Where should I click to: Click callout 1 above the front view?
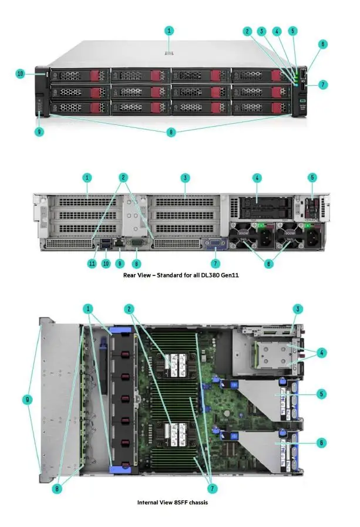170,30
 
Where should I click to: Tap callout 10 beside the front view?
21,74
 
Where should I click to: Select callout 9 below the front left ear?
39,131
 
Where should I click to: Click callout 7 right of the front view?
323,85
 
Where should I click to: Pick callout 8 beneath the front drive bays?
171,133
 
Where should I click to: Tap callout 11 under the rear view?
92,263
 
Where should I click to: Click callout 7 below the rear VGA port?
216,263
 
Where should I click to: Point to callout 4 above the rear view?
257,177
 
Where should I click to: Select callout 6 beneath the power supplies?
269,264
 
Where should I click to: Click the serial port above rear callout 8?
136,242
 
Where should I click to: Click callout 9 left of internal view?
26,400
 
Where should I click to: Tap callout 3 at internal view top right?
298,309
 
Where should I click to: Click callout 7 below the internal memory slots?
211,488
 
